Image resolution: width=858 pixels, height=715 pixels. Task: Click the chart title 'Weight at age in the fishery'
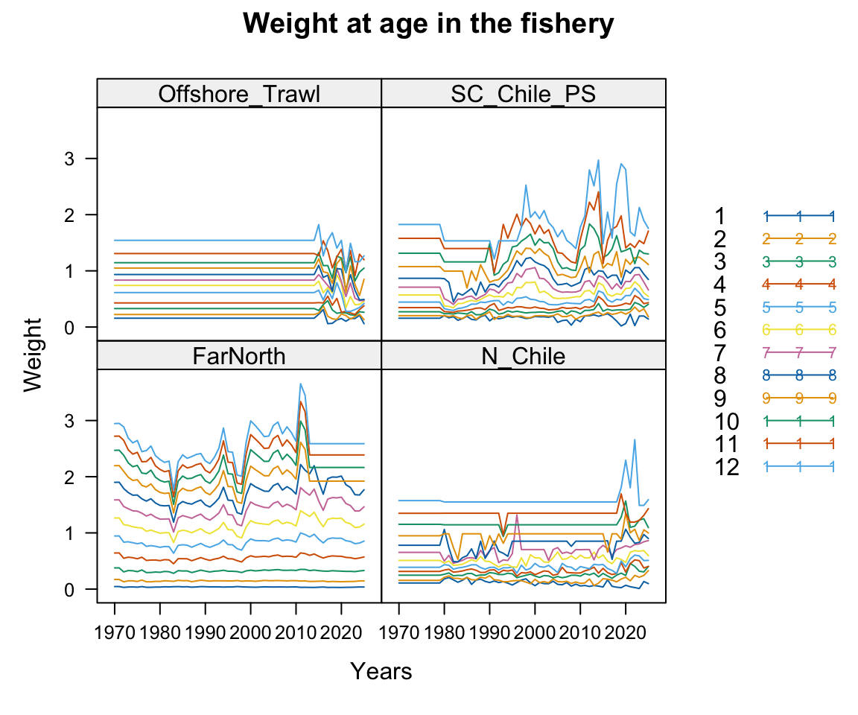point(428,25)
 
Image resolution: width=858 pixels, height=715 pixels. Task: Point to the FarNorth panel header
point(239,356)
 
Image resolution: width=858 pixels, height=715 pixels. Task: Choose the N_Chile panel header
point(523,356)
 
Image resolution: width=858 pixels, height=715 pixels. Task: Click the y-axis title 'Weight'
point(33,355)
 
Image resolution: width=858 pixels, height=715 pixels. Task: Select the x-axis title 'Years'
point(381,671)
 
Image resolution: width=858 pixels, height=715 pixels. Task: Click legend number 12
point(726,467)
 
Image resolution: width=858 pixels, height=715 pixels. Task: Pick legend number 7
point(720,352)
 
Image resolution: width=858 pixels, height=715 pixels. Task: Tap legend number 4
point(720,284)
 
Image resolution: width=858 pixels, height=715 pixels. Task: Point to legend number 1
point(720,216)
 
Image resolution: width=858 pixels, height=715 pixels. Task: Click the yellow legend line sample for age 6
point(798,330)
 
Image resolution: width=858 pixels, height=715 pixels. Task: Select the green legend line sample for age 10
point(798,422)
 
